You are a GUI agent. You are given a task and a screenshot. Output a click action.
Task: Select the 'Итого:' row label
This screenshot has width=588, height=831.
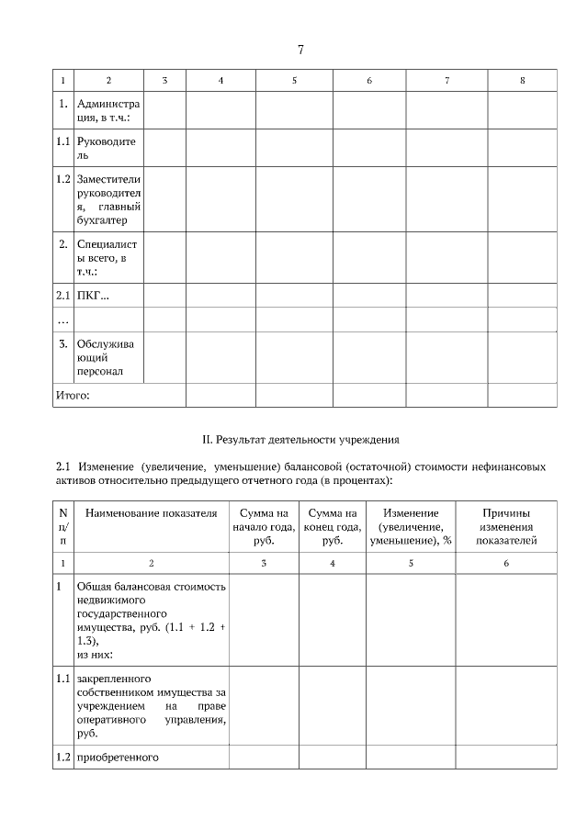[x=73, y=395]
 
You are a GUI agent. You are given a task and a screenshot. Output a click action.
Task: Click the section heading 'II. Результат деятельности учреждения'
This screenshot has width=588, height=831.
[x=300, y=440]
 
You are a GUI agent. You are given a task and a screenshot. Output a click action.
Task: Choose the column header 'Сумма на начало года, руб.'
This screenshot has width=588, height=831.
[x=264, y=526]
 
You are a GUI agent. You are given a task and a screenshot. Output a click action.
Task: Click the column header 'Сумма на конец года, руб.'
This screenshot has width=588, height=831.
[x=333, y=526]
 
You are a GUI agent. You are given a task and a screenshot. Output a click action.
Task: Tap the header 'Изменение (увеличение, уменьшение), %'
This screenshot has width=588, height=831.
[x=411, y=526]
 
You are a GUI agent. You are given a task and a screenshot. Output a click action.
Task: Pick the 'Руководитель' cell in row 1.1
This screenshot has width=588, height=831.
[x=106, y=148]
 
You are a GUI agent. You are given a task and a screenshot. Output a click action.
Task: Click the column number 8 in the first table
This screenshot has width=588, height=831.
[x=522, y=81]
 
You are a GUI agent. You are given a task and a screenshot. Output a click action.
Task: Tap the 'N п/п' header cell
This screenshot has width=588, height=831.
[x=62, y=526]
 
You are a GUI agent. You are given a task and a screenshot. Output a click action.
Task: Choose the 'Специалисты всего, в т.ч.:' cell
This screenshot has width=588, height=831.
[x=106, y=258]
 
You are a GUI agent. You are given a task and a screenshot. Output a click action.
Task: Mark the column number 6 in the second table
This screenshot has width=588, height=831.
[x=505, y=562]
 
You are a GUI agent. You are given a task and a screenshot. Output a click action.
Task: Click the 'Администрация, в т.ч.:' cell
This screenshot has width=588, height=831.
[x=106, y=110]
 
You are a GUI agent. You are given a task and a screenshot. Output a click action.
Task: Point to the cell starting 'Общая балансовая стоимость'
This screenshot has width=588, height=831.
[x=151, y=620]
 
